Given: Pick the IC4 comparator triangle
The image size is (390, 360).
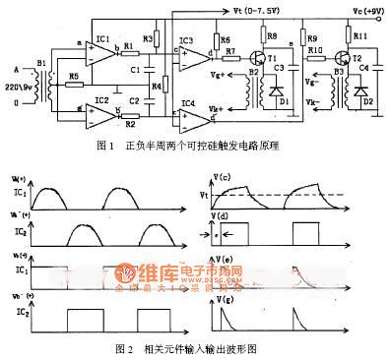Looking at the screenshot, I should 188,110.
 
